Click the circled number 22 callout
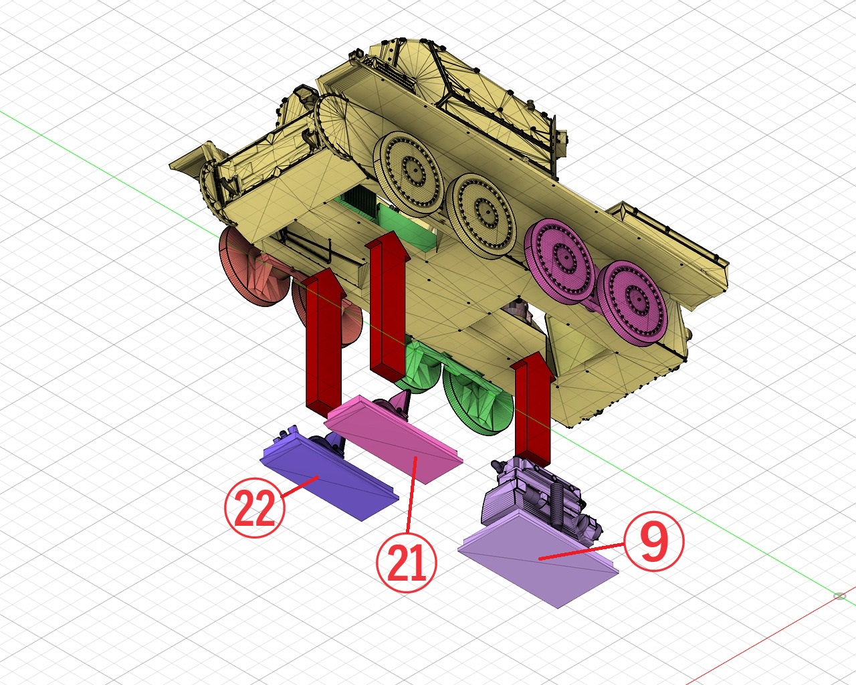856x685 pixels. click(255, 508)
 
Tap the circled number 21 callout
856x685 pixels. click(407, 562)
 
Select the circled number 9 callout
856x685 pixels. click(653, 541)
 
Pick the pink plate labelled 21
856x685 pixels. click(394, 439)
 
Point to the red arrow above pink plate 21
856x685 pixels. click(388, 305)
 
